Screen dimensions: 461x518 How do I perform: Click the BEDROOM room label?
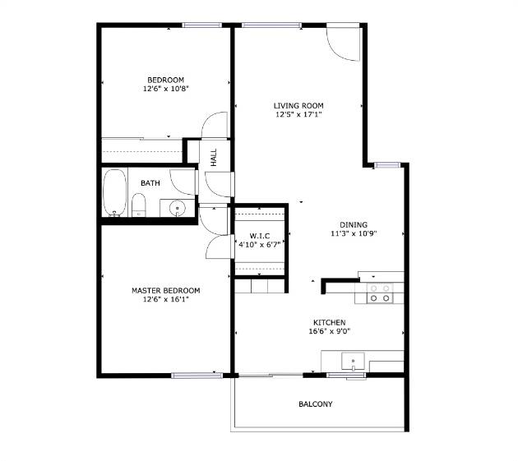(x=165, y=80)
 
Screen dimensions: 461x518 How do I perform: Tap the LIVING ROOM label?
(x=298, y=105)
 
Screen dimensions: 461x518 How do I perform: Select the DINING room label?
(x=354, y=224)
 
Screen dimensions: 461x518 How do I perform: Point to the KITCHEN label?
(x=329, y=323)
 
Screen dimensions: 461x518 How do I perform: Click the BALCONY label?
(x=316, y=404)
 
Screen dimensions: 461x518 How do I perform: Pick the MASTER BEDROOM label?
(x=165, y=290)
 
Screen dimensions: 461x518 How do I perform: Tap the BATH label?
(x=150, y=183)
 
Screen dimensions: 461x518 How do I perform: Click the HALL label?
(x=214, y=157)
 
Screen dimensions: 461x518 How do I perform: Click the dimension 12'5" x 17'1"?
(x=298, y=115)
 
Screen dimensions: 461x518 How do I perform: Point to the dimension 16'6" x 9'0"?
(x=329, y=333)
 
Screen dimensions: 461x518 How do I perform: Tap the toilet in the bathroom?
(x=138, y=205)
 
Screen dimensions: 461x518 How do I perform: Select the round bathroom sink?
(x=177, y=209)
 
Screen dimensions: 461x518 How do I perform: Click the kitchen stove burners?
(x=380, y=293)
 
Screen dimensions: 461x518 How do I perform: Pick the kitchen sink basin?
(x=354, y=360)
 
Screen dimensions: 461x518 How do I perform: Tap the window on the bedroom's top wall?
(x=203, y=25)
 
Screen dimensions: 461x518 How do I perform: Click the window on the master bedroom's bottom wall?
(x=197, y=376)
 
